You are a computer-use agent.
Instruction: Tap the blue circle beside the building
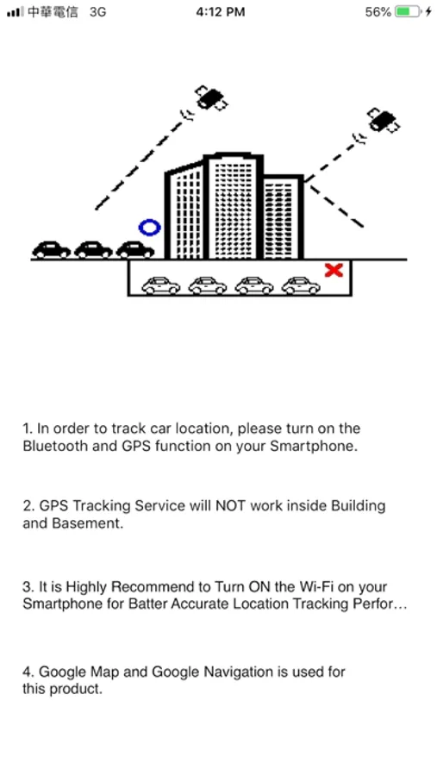coord(149,222)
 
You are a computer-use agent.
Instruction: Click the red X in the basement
coord(334,270)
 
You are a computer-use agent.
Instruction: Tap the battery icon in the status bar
coord(409,12)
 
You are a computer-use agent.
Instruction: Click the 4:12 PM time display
coord(221,12)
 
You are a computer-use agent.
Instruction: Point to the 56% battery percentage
coord(378,12)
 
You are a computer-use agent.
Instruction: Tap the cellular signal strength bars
coord(16,12)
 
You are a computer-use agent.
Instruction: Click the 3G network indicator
coord(98,12)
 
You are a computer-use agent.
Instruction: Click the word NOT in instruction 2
coord(231,506)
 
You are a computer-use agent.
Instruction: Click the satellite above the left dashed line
coord(211,97)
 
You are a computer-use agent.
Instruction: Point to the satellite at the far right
coord(384,120)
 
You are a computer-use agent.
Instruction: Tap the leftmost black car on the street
coord(51,250)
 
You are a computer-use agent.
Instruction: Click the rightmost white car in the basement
coord(301,285)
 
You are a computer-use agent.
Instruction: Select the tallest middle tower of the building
coord(233,206)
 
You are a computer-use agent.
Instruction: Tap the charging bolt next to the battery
coord(428,12)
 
